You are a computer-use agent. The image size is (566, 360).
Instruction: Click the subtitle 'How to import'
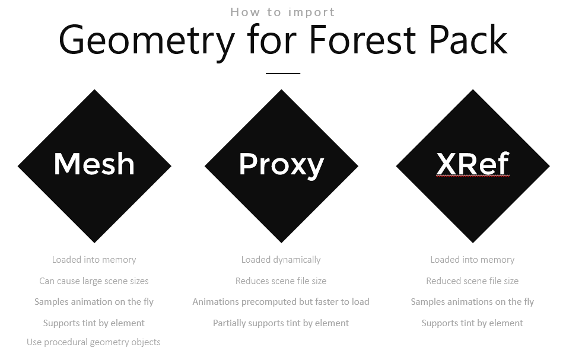[282, 12]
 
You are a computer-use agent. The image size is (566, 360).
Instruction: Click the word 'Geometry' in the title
[147, 40]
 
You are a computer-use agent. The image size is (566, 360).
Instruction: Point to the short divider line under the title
[283, 74]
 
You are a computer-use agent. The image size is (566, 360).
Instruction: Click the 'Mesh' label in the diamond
[94, 164]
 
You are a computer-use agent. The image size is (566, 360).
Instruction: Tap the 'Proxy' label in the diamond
[281, 164]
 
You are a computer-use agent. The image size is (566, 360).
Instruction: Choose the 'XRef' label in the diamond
[473, 164]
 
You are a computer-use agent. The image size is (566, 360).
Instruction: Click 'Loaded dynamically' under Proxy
[281, 260]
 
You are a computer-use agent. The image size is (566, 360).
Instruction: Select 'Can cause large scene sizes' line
[94, 281]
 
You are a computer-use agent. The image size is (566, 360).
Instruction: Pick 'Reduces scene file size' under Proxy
[281, 281]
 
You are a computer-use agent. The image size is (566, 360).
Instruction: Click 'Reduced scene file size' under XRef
[472, 281]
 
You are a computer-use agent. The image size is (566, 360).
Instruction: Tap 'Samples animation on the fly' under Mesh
[94, 302]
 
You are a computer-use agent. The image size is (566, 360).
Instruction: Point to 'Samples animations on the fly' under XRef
[472, 302]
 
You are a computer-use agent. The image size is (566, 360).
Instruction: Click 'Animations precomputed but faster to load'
[281, 302]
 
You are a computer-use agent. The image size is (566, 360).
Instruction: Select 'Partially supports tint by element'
[281, 323]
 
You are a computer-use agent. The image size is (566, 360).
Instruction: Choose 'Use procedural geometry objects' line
[94, 342]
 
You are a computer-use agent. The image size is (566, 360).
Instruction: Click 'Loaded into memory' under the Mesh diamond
[94, 260]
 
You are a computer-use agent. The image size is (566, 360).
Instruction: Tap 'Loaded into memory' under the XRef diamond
[472, 260]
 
